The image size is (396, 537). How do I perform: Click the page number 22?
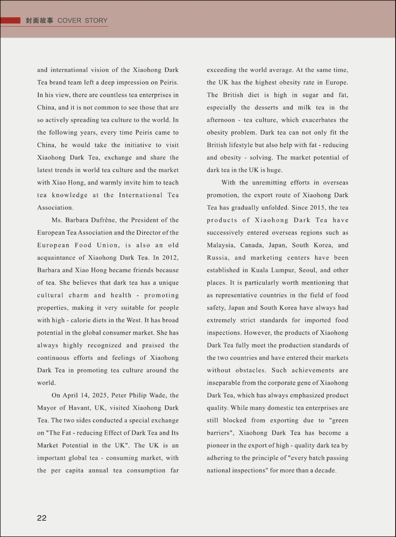pos(42,518)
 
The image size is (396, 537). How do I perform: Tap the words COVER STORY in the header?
pos(83,21)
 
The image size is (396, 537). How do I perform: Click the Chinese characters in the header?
pos(40,21)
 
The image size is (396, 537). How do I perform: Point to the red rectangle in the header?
pos(11,21)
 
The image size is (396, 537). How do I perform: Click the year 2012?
pos(170,258)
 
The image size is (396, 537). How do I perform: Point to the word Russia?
pos(218,258)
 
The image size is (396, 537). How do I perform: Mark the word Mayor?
pos(47,408)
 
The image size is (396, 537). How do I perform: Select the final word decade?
pos(326,471)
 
